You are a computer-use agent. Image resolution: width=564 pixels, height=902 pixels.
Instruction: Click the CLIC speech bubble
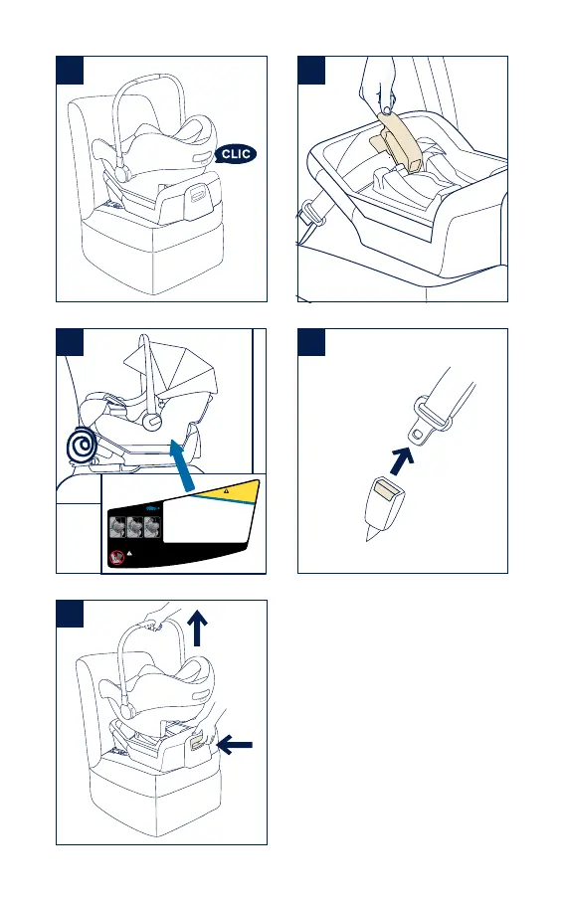pyautogui.click(x=236, y=153)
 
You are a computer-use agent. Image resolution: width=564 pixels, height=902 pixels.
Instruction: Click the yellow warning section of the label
pyautogui.click(x=230, y=490)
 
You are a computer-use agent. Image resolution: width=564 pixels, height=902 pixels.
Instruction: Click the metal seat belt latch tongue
pyautogui.click(x=430, y=421)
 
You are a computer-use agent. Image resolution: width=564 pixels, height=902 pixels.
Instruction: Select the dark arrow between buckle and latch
pyautogui.click(x=402, y=460)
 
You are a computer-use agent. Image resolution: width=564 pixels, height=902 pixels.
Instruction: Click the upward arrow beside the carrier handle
pyautogui.click(x=197, y=629)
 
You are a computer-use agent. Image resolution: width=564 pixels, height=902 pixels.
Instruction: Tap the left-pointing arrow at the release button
pyautogui.click(x=234, y=746)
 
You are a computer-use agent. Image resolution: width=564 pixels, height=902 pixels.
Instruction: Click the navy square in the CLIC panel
pyautogui.click(x=70, y=71)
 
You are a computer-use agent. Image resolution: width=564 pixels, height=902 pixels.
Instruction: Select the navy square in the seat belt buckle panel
pyautogui.click(x=311, y=342)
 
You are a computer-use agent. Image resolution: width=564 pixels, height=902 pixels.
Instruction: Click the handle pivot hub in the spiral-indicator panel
pyautogui.click(x=153, y=421)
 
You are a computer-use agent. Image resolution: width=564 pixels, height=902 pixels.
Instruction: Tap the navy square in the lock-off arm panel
pyautogui.click(x=311, y=71)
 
